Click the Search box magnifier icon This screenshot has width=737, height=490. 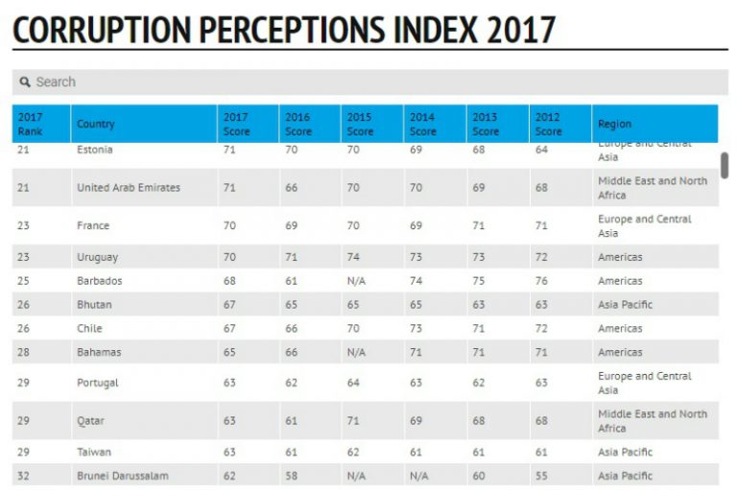[x=25, y=82]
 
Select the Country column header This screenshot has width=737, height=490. [x=96, y=124]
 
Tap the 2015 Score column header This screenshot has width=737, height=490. [x=360, y=124]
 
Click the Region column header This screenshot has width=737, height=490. [x=615, y=124]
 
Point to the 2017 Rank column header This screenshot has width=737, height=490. [x=30, y=124]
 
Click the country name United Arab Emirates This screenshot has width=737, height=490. [x=129, y=187]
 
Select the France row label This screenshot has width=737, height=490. [x=93, y=225]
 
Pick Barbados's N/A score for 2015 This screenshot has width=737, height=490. [x=356, y=281]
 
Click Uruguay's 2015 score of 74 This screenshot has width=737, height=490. [x=353, y=257]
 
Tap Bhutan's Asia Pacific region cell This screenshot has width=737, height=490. [x=625, y=304]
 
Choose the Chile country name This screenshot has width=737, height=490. [x=89, y=328]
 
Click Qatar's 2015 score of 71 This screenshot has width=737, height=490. [x=353, y=420]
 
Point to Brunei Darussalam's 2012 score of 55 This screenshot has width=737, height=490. [x=541, y=476]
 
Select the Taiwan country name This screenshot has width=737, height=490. [x=94, y=452]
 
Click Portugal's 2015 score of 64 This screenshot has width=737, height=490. [x=353, y=383]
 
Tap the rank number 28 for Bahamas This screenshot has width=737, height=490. [x=23, y=352]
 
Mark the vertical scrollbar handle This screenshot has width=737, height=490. [x=725, y=165]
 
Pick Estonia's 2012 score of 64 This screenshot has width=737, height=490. [x=541, y=150]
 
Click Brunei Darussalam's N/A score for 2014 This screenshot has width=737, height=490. [x=418, y=476]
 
